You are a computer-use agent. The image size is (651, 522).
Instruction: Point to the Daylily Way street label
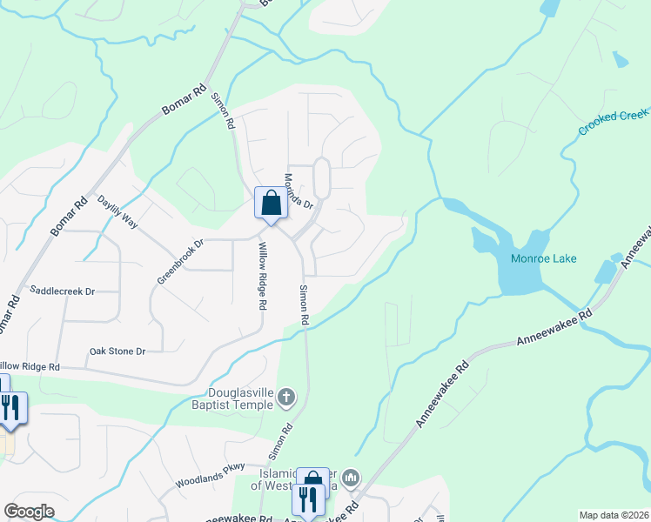click(x=117, y=211)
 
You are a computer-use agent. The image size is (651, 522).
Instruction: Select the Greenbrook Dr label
click(x=179, y=261)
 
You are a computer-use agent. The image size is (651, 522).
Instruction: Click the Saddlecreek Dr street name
click(x=62, y=291)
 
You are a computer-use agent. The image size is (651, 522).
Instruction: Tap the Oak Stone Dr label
click(x=117, y=351)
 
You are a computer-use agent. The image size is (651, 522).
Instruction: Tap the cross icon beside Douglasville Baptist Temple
click(x=287, y=399)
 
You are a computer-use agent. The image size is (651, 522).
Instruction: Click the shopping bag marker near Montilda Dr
click(x=271, y=204)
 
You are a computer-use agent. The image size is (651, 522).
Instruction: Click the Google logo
click(x=28, y=512)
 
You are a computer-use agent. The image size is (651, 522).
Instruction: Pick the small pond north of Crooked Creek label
click(x=620, y=60)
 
